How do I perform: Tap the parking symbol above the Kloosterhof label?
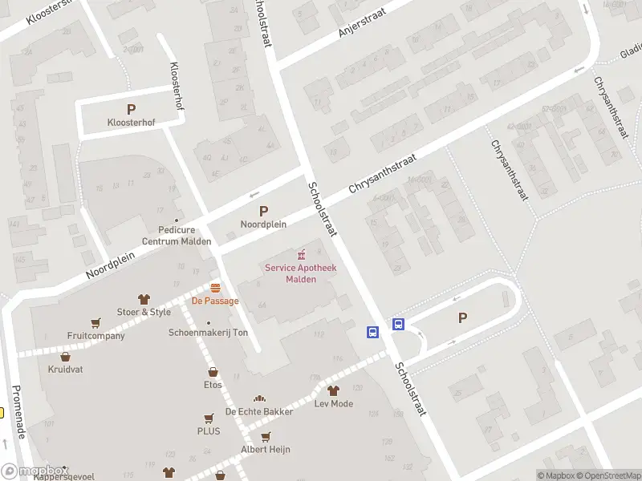coord(132,109)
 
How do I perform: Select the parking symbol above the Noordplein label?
coord(263,212)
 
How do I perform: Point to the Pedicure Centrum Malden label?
coord(177,235)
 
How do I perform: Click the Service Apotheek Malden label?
coord(301,273)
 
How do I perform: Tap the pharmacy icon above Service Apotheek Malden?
coord(301,253)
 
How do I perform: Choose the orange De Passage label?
coord(214,301)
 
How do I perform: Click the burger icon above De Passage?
coord(215,287)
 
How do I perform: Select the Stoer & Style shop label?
coord(144,312)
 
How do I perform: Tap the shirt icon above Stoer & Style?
coord(144,298)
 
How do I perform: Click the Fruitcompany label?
coord(96,336)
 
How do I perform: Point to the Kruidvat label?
coord(65,370)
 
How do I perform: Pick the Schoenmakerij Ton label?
coord(208,333)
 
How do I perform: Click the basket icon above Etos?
coord(213,372)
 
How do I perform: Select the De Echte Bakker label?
coord(258,411)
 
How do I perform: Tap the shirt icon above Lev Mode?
coord(333,390)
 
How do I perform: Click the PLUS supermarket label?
coord(209,431)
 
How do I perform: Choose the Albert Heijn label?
coord(266,450)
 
